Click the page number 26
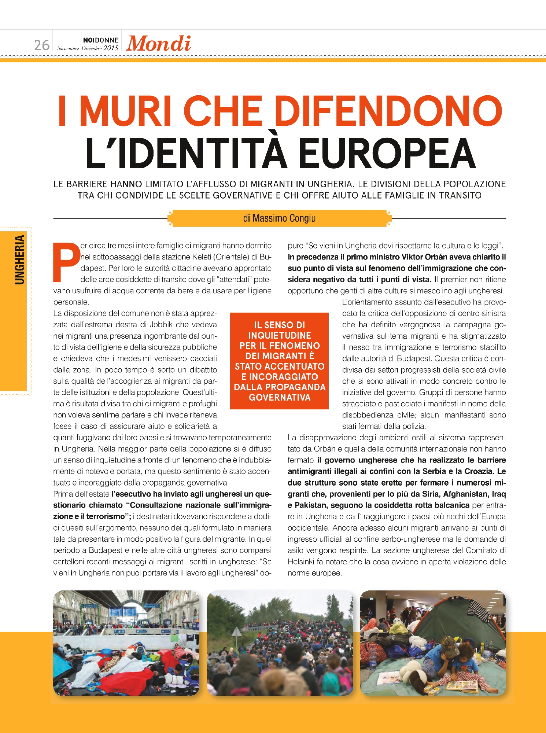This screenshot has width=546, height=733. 41,45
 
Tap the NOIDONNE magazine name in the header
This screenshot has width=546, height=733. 101,40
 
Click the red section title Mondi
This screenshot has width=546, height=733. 158,44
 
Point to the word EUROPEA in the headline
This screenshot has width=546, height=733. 387,154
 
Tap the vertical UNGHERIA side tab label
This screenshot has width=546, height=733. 19,259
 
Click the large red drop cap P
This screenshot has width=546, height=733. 66,262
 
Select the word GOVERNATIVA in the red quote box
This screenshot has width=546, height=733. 279,398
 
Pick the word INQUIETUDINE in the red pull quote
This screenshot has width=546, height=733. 279,335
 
